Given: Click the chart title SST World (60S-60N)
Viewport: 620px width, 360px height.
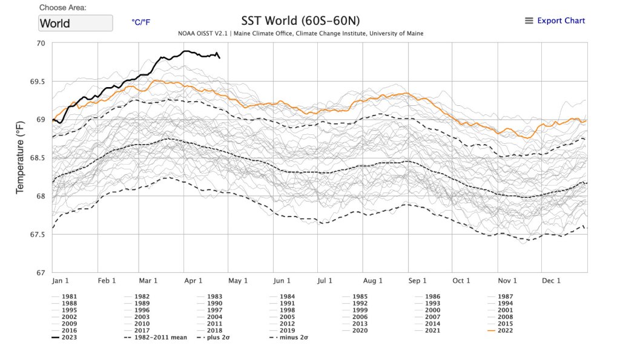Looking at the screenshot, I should coord(300,20).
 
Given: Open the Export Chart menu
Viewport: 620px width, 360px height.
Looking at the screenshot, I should coord(555,21).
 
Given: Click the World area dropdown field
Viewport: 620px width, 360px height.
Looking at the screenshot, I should coord(76,23).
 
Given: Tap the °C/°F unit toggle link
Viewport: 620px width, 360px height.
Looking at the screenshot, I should coord(140,22).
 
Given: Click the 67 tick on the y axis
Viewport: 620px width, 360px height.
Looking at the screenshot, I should coord(41,273).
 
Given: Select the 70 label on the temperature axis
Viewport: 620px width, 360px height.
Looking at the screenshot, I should coord(41,44).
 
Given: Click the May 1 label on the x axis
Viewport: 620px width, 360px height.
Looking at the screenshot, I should coord(238,281).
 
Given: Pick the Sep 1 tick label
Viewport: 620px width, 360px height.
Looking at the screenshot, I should coord(417,281).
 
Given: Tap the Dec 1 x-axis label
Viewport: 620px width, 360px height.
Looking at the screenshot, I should coord(550,281).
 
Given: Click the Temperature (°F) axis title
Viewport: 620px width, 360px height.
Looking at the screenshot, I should coord(21,157).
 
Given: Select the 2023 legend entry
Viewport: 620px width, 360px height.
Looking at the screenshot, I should coord(68,337).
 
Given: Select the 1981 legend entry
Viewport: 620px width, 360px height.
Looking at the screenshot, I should coord(68,296).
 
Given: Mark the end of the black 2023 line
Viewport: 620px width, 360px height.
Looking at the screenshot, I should coord(219,57).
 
